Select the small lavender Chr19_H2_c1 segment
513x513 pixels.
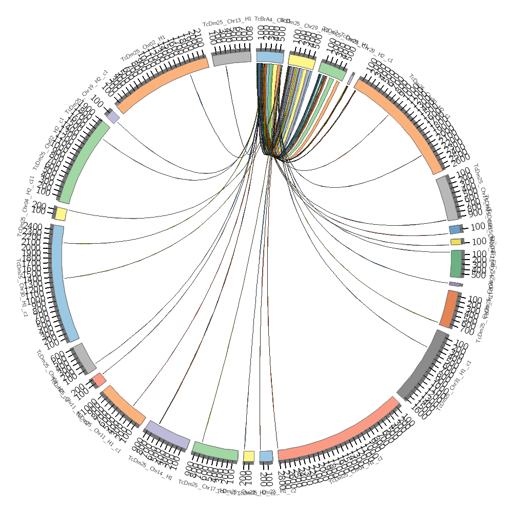(x=113, y=117)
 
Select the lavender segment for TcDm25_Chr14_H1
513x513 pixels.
(x=167, y=434)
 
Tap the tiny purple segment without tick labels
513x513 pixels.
(x=455, y=284)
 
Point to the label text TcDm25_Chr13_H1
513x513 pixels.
(x=227, y=21)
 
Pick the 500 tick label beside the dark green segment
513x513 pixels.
(x=478, y=275)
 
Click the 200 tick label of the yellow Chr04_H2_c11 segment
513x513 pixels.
(x=38, y=206)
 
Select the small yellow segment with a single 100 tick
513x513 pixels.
(x=456, y=242)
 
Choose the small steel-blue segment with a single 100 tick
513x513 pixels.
(x=455, y=229)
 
